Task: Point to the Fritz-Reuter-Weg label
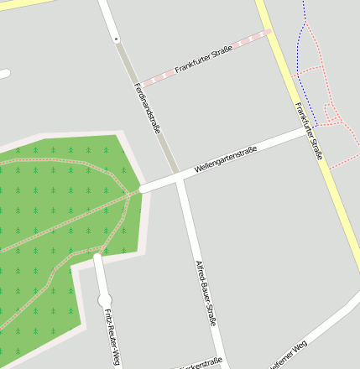tap(111, 337)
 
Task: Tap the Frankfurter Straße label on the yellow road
tap(309, 130)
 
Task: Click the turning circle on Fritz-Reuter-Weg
tap(104, 299)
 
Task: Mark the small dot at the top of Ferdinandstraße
tap(116, 39)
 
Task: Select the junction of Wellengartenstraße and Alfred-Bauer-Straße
tap(180, 179)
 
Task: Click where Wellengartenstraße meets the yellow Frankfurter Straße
tap(311, 130)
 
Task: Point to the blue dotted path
tap(303, 75)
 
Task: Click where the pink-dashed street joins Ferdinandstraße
tap(139, 85)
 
